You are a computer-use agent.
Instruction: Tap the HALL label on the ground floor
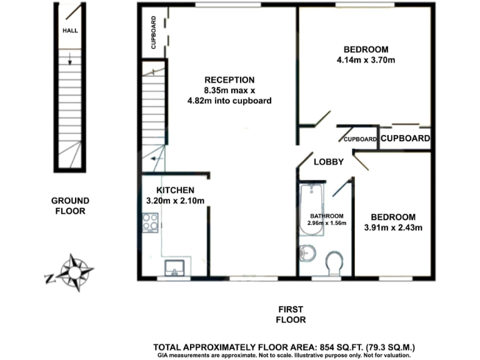click(x=69, y=30)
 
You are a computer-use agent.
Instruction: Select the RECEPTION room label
click(x=229, y=80)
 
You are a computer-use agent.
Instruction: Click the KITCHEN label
click(x=175, y=190)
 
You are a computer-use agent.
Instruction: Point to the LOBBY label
click(x=329, y=162)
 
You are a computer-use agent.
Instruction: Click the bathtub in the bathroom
click(x=312, y=210)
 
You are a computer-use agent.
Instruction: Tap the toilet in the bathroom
click(x=334, y=263)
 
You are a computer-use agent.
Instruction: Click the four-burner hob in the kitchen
click(x=150, y=221)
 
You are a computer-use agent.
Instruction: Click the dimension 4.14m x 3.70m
click(x=366, y=61)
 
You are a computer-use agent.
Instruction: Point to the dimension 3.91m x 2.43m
click(x=393, y=227)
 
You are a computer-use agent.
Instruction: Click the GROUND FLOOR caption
click(x=70, y=206)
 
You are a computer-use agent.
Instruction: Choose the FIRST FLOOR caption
click(x=291, y=314)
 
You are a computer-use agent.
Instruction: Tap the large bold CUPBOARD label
click(x=405, y=139)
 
